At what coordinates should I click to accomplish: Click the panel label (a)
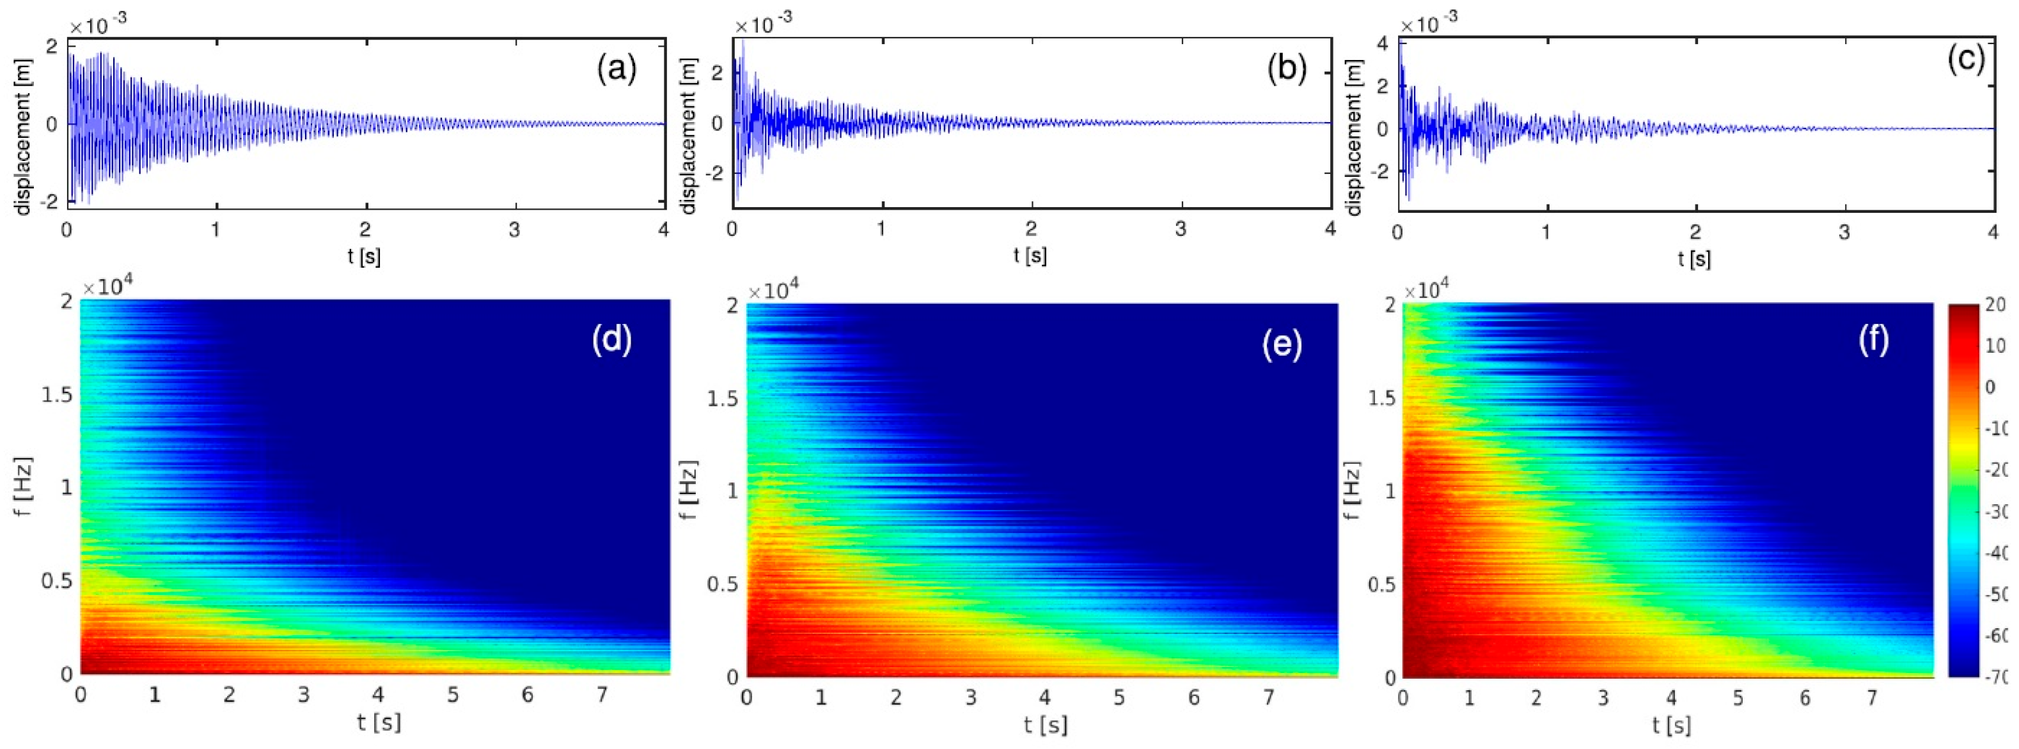coord(617,70)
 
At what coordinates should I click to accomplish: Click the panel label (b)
coord(1287,70)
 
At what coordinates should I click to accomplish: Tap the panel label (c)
coord(1967,60)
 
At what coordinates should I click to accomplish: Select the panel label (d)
coord(611,339)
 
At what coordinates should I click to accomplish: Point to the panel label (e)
coord(1282,344)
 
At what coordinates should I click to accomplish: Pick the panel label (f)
coord(1874,339)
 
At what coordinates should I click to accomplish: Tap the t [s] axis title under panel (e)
coord(1045,725)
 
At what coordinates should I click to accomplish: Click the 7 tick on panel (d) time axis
coord(602,695)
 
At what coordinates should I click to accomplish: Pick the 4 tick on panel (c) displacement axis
coord(1382,44)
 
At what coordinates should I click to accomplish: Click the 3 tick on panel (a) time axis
coord(515,229)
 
